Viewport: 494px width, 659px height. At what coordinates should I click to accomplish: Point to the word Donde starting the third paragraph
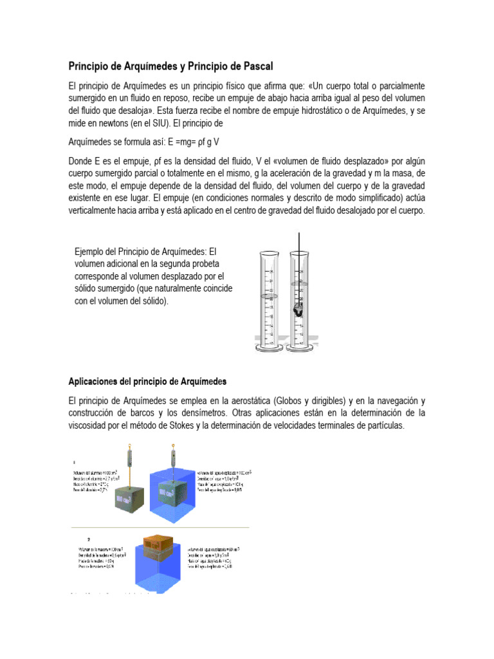pyautogui.click(x=82, y=160)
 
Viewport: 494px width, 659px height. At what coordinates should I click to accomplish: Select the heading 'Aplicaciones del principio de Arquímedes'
pyautogui.click(x=148, y=381)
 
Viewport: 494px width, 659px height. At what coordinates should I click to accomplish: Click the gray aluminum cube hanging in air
pyautogui.click(x=131, y=496)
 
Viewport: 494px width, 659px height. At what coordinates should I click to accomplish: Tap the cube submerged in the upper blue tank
pyautogui.click(x=174, y=492)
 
